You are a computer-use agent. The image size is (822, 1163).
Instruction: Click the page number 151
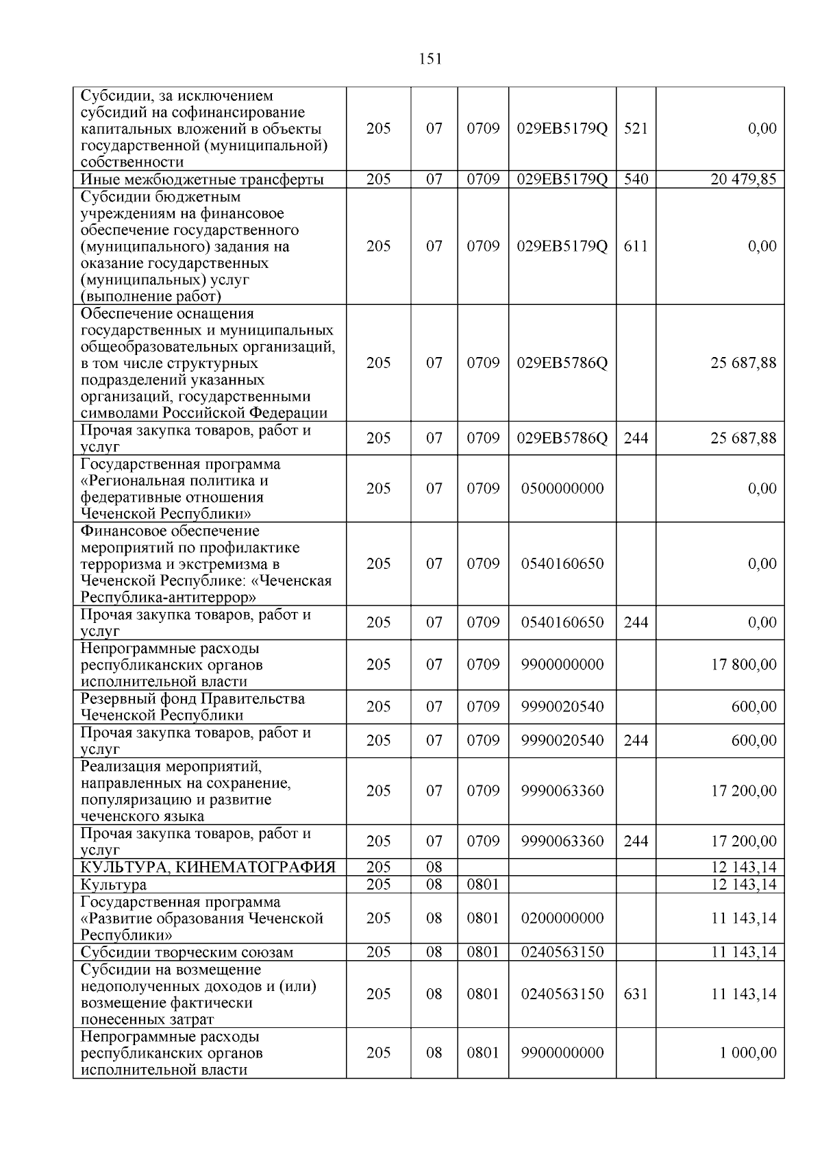click(x=429, y=59)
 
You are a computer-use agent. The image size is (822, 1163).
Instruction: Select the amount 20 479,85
click(x=743, y=180)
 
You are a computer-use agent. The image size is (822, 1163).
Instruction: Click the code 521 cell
click(x=636, y=128)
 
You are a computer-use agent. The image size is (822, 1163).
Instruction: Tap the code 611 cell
click(x=636, y=246)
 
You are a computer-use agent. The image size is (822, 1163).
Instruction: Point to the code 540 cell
click(x=636, y=180)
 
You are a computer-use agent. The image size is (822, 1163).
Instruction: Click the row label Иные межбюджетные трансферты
click(x=202, y=180)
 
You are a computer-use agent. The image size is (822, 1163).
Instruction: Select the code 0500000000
click(x=562, y=489)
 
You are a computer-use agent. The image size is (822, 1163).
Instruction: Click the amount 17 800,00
click(x=743, y=664)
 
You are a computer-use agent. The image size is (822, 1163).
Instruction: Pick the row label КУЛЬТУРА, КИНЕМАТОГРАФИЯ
click(x=208, y=868)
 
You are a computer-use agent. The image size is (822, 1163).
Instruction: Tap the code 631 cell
click(x=636, y=994)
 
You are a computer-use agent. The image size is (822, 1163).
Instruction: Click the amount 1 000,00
click(x=747, y=1053)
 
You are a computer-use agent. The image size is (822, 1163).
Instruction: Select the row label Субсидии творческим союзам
click(x=187, y=953)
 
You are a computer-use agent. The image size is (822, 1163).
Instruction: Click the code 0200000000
click(x=562, y=918)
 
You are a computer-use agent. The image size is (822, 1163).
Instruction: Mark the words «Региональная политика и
click(x=175, y=481)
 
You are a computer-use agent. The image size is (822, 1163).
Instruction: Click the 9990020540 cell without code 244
click(x=562, y=707)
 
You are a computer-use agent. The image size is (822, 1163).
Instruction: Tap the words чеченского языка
click(x=142, y=816)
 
